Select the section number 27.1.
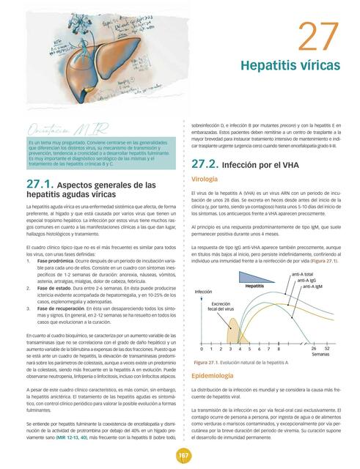click(37, 185)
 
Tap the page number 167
click(179, 455)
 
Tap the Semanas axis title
click(320, 355)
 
